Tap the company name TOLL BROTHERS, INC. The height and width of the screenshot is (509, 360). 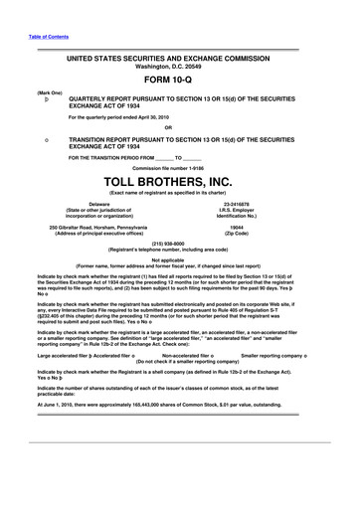pos(180,181)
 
